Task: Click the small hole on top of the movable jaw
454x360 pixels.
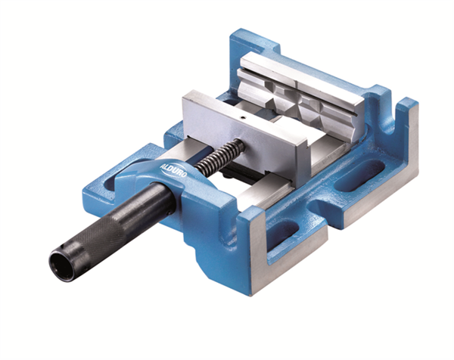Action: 241,119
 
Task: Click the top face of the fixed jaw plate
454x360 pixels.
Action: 303,76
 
